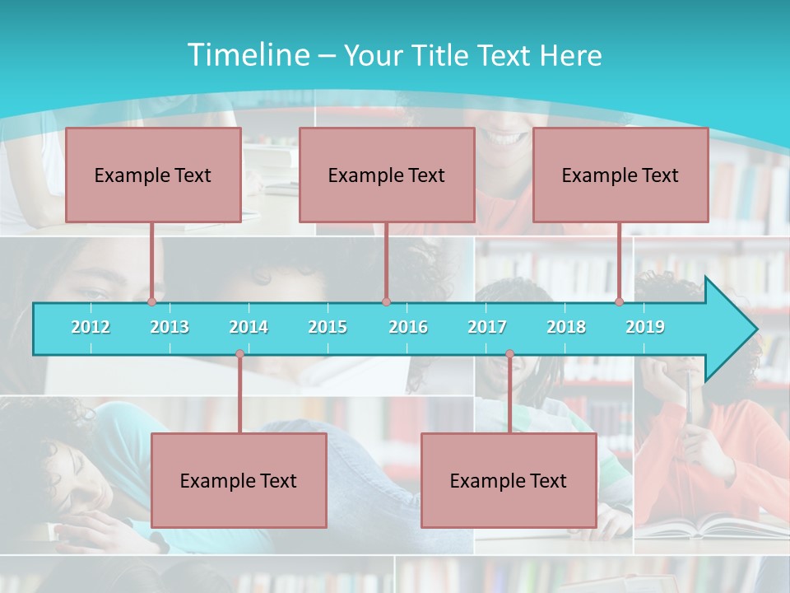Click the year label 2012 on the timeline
tap(91, 327)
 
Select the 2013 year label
tap(170, 327)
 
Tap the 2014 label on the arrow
tap(249, 327)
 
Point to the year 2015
tap(328, 327)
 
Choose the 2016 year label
tap(408, 327)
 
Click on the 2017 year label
tap(487, 327)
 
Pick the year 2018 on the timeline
tap(566, 327)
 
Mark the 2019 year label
tap(645, 327)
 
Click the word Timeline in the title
tap(247, 55)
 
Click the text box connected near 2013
tap(153, 175)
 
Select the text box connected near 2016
tap(387, 175)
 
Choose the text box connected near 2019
tap(620, 175)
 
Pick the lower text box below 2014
tap(239, 480)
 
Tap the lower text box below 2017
tap(509, 480)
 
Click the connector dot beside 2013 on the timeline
tap(152, 301)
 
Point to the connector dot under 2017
tap(509, 354)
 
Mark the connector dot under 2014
tap(239, 354)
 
